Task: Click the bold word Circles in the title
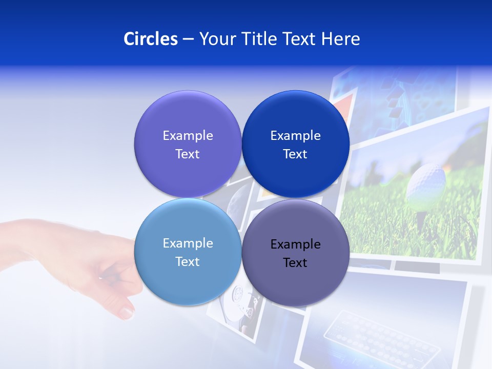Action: (x=150, y=39)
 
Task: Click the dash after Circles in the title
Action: (x=188, y=39)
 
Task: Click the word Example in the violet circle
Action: (x=188, y=135)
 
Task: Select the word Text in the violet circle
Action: (x=188, y=154)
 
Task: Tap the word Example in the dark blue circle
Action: (x=295, y=135)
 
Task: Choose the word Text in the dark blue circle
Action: (x=295, y=154)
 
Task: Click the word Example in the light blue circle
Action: (x=188, y=243)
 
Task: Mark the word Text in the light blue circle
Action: (x=188, y=261)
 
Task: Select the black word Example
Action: (x=295, y=244)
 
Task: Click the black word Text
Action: (x=295, y=262)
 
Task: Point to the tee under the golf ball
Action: (x=421, y=218)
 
